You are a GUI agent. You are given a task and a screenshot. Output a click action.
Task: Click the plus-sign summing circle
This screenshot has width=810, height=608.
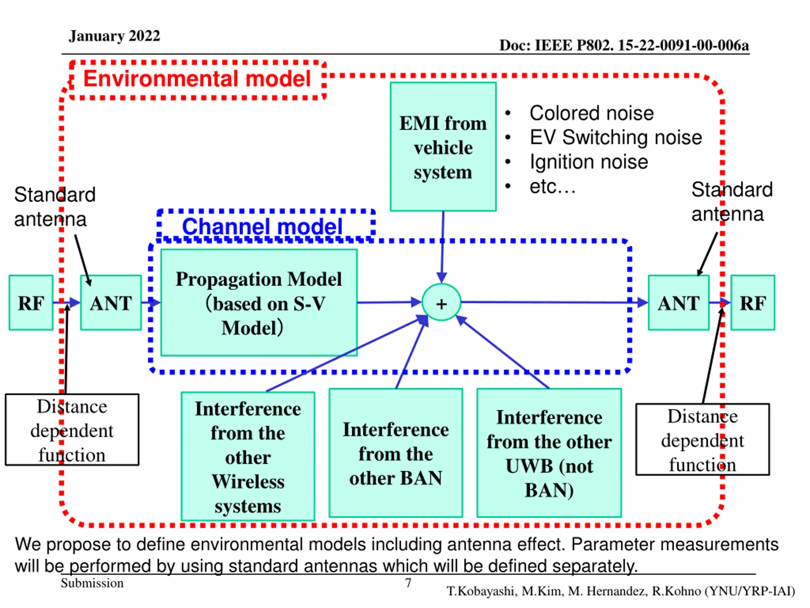pos(441,302)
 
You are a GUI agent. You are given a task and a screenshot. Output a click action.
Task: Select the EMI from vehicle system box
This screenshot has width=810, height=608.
pos(443,147)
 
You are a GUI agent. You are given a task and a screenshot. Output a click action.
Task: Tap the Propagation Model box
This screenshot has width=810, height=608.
pos(259,303)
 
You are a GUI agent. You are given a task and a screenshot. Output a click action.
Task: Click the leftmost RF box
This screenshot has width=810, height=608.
pos(31,303)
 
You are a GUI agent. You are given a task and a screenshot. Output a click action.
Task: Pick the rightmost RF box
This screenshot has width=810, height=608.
pos(752,303)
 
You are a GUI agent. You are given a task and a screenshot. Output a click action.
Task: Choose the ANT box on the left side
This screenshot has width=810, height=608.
pos(111,303)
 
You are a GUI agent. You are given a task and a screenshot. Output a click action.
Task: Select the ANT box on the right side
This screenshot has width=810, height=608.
pos(679,303)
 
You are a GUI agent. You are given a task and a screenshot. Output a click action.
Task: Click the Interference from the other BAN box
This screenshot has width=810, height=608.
pos(396,453)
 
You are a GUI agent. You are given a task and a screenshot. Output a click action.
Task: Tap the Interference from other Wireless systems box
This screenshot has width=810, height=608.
pos(248,456)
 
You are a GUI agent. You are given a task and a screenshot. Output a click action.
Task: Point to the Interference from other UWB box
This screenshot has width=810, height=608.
pos(549,453)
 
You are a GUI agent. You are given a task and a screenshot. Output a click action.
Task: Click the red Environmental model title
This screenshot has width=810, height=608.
pos(197,79)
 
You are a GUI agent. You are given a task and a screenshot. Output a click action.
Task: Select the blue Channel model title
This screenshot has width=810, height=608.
pos(262,226)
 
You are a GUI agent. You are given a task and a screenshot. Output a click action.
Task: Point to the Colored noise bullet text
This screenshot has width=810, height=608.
pos(592,113)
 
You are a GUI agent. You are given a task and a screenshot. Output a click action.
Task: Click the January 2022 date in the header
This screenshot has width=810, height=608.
pos(115,36)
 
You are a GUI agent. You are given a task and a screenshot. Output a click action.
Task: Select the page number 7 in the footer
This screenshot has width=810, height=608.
pos(408,583)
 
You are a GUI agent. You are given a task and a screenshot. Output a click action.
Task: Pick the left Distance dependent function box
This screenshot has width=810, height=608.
pos(72,429)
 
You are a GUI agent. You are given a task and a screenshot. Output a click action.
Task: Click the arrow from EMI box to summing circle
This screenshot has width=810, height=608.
pos(442,247)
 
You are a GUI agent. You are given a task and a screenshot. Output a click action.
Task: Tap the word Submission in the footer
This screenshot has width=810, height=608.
pos(92,583)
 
